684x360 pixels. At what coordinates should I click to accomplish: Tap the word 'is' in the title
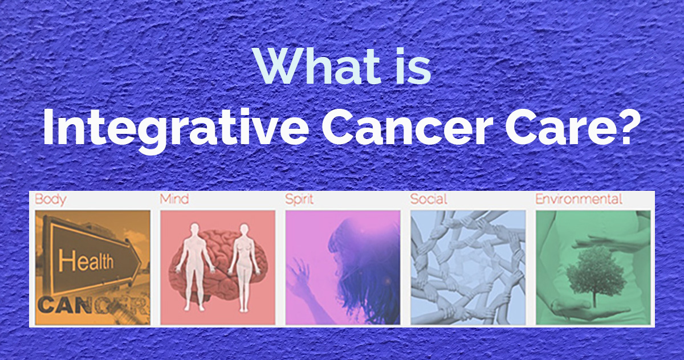[413, 67]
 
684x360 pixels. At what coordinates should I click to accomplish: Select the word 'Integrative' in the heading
[176, 128]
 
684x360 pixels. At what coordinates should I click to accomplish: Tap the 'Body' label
[50, 199]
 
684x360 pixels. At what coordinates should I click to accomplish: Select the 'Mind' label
[174, 199]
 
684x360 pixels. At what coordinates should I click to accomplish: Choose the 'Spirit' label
[299, 199]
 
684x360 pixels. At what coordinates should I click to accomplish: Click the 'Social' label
[429, 199]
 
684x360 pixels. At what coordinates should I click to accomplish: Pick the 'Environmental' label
[579, 199]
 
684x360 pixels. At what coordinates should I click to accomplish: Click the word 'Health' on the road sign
[86, 260]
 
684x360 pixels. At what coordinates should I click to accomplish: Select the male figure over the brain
[194, 266]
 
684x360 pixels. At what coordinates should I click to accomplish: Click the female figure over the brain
[244, 267]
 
